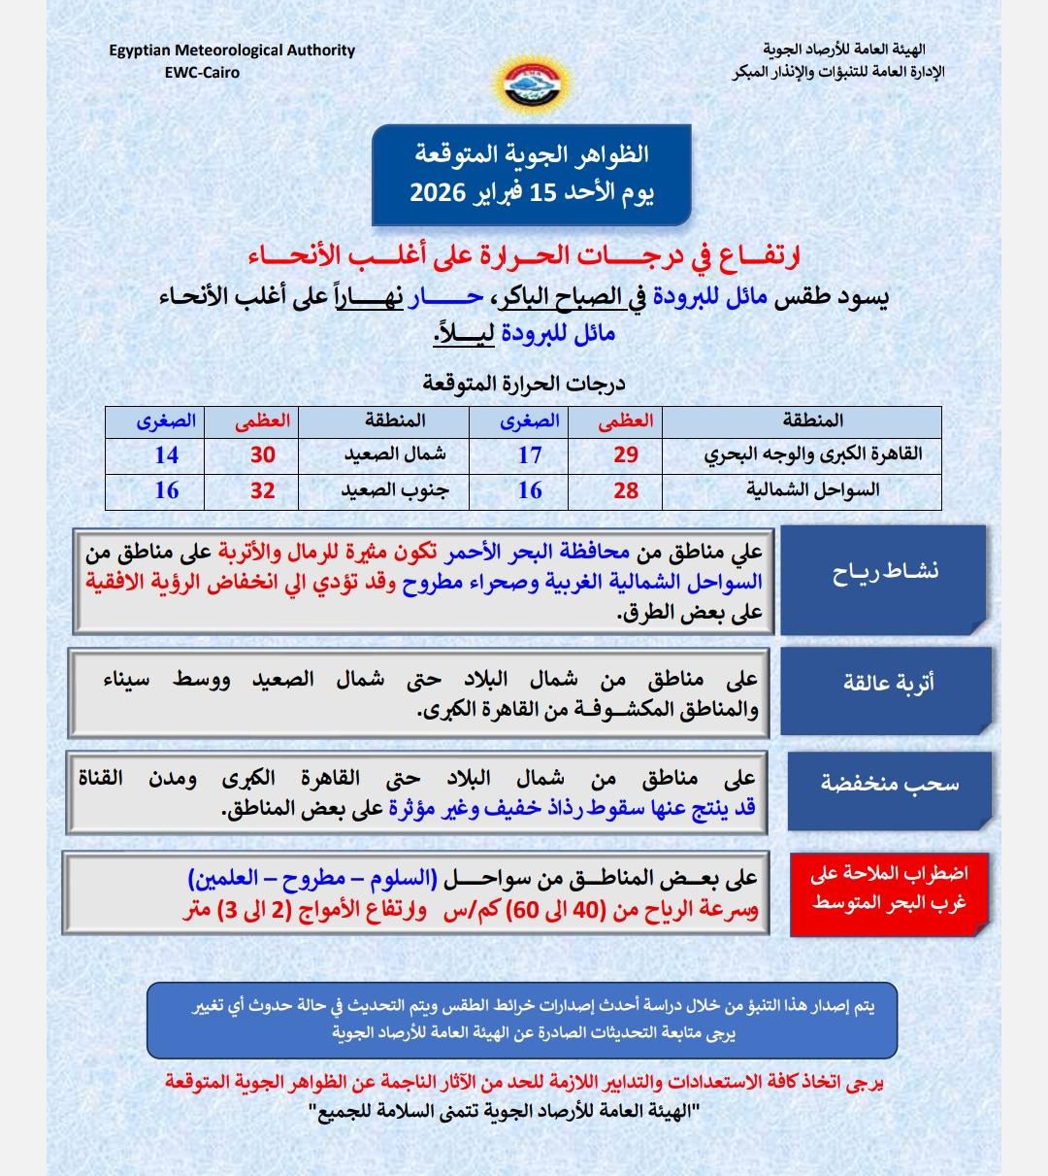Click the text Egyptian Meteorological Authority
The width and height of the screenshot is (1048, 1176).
click(231, 50)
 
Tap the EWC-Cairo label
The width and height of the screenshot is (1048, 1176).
click(202, 72)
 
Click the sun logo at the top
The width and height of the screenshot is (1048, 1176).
click(523, 82)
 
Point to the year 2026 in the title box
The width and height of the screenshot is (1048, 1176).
click(441, 191)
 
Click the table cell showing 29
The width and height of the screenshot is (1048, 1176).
click(626, 454)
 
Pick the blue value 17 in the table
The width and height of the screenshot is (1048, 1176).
click(530, 454)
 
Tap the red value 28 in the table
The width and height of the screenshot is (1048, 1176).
click(626, 490)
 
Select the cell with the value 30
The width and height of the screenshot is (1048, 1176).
click(263, 454)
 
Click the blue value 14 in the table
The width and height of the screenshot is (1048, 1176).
click(167, 454)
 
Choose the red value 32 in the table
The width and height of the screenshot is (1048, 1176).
click(263, 490)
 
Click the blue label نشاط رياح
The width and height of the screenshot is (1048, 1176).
click(885, 572)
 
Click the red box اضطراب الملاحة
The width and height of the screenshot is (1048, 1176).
click(889, 889)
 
